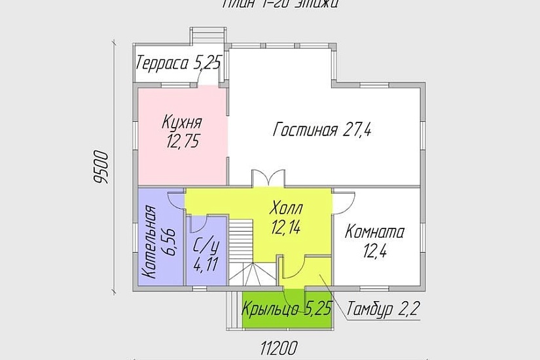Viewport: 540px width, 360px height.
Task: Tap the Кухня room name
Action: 182,122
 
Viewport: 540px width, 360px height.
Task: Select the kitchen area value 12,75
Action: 183,140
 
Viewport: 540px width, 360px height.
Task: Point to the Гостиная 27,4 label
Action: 322,130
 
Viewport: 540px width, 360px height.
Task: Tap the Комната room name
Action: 375,232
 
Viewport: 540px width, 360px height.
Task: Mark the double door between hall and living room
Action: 268,178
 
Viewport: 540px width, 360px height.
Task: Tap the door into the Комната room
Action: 344,199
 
